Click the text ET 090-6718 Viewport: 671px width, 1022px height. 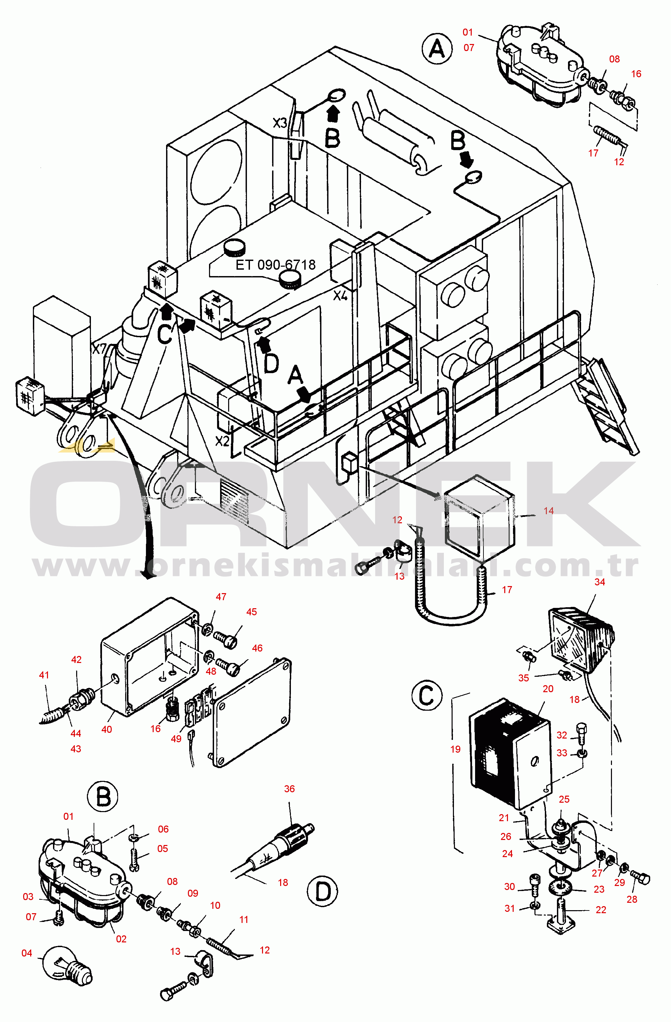(x=275, y=265)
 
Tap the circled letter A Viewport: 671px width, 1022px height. (x=437, y=49)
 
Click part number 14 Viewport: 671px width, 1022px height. (x=548, y=510)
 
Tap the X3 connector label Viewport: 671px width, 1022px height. (x=280, y=123)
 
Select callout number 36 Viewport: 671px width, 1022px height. (x=289, y=789)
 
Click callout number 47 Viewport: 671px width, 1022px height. (x=221, y=597)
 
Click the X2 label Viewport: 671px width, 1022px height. (x=222, y=441)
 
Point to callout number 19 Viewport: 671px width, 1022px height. (x=455, y=749)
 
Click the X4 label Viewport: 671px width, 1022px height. (x=340, y=296)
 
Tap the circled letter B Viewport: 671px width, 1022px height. (x=103, y=797)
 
